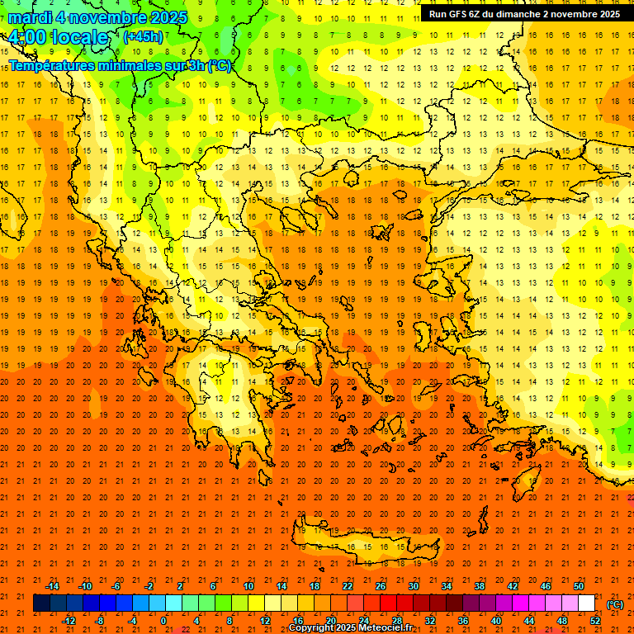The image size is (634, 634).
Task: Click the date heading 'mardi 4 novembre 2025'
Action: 97,17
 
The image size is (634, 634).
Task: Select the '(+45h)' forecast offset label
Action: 143,36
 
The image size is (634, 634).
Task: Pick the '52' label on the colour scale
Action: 595,621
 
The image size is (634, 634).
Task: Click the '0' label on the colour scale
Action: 164,621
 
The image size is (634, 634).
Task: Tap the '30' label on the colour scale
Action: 413,586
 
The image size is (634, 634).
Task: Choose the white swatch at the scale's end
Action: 587,603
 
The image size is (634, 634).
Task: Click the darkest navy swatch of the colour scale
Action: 41,603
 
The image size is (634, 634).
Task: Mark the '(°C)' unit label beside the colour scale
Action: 615,604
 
